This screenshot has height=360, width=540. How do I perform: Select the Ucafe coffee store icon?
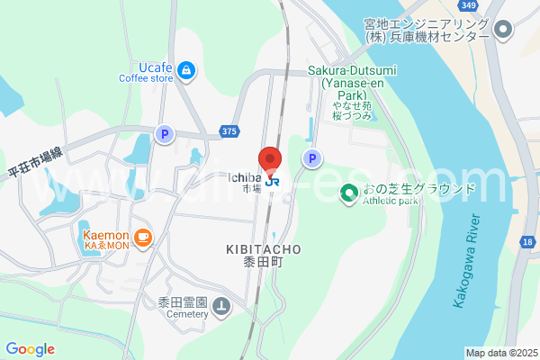click(x=185, y=69)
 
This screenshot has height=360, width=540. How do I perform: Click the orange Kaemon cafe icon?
click(x=144, y=237)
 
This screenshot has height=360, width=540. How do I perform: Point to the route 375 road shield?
click(x=229, y=132)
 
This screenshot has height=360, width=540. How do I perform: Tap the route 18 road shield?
click(x=526, y=242)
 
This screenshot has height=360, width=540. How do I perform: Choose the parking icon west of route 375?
click(x=164, y=134)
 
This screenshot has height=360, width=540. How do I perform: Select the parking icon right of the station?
click(x=311, y=158)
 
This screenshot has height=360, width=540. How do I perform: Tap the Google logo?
click(x=30, y=348)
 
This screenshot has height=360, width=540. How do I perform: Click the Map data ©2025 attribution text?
click(x=500, y=353)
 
